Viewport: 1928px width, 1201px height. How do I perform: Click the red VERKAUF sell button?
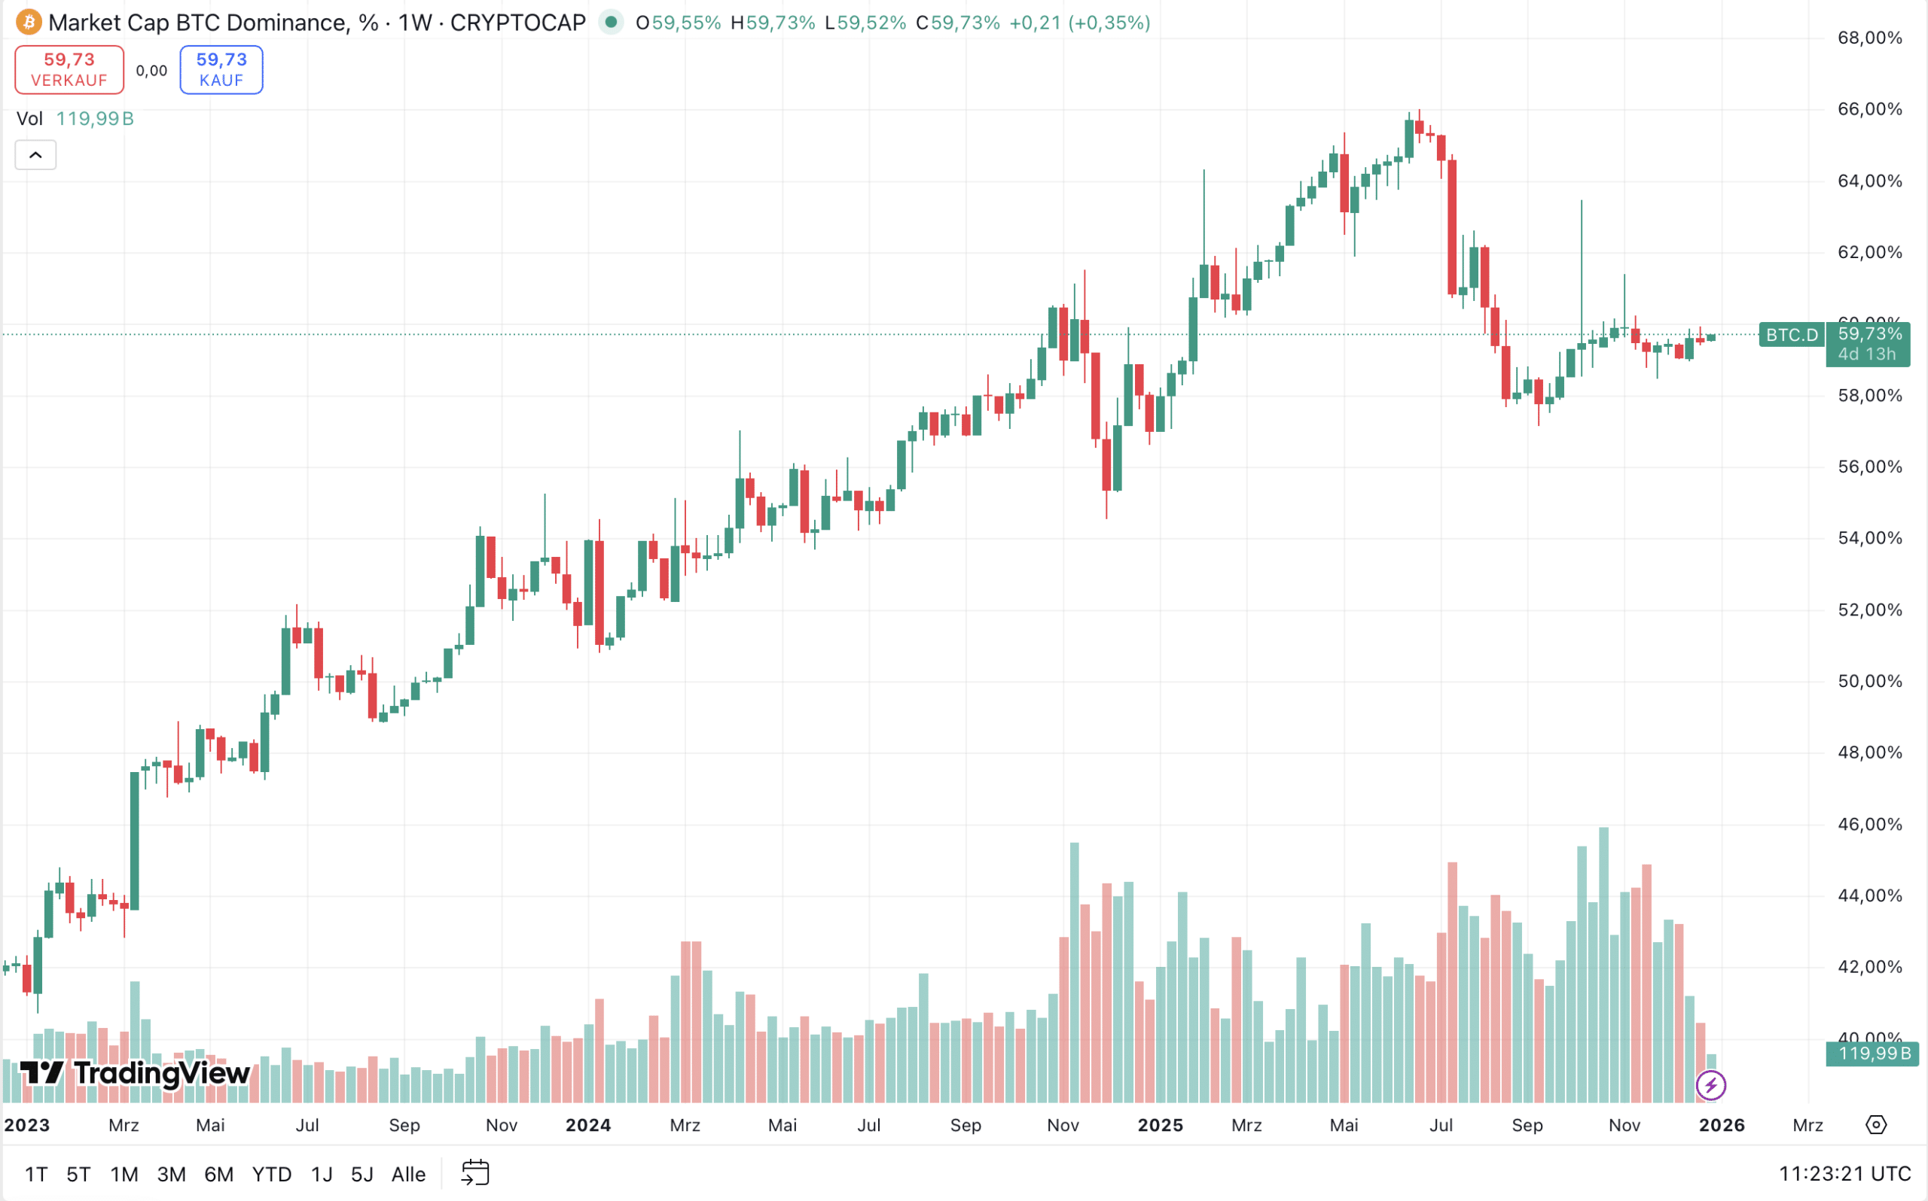coord(69,70)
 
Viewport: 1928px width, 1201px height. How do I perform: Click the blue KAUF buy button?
coord(221,70)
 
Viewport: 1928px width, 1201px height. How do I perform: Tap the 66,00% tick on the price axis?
coord(1869,109)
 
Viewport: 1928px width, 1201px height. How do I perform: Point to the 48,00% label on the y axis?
coord(1869,753)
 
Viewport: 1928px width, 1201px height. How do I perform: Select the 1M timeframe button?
coord(124,1174)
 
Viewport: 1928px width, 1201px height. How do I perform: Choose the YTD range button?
coord(271,1174)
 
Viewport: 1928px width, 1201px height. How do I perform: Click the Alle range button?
coord(408,1174)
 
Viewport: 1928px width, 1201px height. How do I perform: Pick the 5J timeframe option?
coord(361,1174)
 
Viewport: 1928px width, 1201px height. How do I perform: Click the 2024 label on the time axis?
coord(588,1125)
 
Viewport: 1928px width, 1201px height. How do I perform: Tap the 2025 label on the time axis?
coord(1161,1125)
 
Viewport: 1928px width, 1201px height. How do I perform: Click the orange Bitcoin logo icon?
coord(29,23)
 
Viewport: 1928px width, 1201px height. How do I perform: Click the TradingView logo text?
coord(135,1073)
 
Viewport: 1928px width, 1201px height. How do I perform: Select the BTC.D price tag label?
coord(1791,334)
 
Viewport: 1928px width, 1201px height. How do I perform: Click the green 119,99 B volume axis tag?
coord(1872,1054)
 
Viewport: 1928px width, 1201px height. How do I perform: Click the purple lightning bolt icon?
coord(1710,1085)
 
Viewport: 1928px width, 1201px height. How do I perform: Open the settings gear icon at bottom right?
coord(1875,1125)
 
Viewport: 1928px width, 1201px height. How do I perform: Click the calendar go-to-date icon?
coord(475,1173)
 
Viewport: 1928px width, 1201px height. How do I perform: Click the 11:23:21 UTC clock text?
coord(1844,1174)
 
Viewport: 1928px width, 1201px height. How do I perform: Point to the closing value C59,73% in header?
coord(958,23)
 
